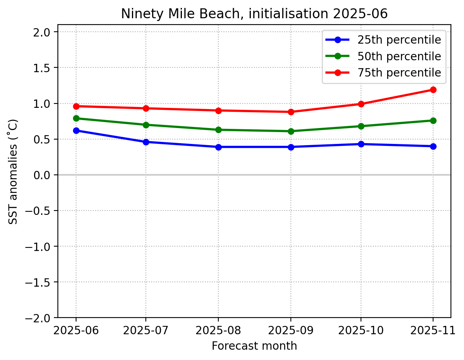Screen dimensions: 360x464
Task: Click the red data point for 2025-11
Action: [433, 90]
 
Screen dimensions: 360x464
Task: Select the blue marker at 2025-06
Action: [76, 130]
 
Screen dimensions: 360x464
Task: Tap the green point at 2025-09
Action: [291, 131]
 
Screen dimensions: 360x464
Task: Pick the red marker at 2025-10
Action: [361, 104]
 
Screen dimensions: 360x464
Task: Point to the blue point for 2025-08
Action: [218, 147]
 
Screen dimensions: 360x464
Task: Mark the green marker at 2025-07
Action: [146, 125]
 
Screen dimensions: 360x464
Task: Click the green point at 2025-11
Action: [433, 121]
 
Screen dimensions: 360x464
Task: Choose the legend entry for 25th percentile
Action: [399, 40]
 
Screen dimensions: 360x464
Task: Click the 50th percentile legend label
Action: [399, 56]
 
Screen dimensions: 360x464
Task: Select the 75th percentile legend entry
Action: [399, 73]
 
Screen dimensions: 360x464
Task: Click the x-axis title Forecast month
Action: [254, 346]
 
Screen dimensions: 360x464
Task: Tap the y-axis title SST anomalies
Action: [13, 171]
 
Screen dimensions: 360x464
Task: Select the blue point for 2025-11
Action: [433, 146]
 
